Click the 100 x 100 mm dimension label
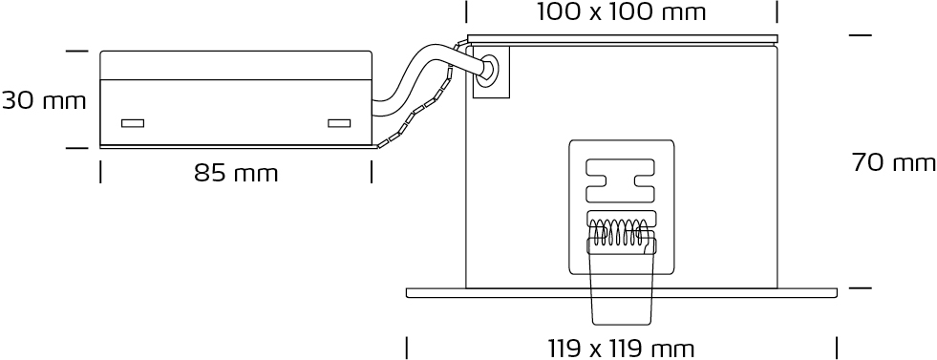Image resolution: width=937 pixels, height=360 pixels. tap(622, 12)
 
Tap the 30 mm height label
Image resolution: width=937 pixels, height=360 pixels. tap(44, 101)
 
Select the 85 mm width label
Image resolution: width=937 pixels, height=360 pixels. tap(236, 173)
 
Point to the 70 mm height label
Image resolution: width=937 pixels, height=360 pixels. tap(894, 162)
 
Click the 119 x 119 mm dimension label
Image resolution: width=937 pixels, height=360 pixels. tap(622, 348)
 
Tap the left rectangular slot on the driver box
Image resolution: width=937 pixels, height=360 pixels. tap(133, 123)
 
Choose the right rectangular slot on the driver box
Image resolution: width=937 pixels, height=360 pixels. tap(339, 123)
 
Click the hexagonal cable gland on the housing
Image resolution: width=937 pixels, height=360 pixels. tap(489, 69)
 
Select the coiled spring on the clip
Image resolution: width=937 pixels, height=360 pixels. tap(619, 233)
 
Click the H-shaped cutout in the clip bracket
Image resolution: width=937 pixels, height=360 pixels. tap(621, 180)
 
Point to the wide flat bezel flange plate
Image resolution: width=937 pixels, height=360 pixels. tap(622, 292)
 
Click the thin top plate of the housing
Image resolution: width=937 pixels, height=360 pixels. tap(623, 39)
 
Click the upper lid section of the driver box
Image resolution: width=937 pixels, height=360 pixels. tap(236, 65)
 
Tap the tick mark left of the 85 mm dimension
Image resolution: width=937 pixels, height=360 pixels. tap(100, 171)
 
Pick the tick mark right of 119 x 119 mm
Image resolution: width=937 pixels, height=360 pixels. tap(837, 348)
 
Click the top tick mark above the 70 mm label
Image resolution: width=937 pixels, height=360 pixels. tap(861, 35)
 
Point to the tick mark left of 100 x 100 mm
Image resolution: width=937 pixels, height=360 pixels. tap(467, 12)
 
